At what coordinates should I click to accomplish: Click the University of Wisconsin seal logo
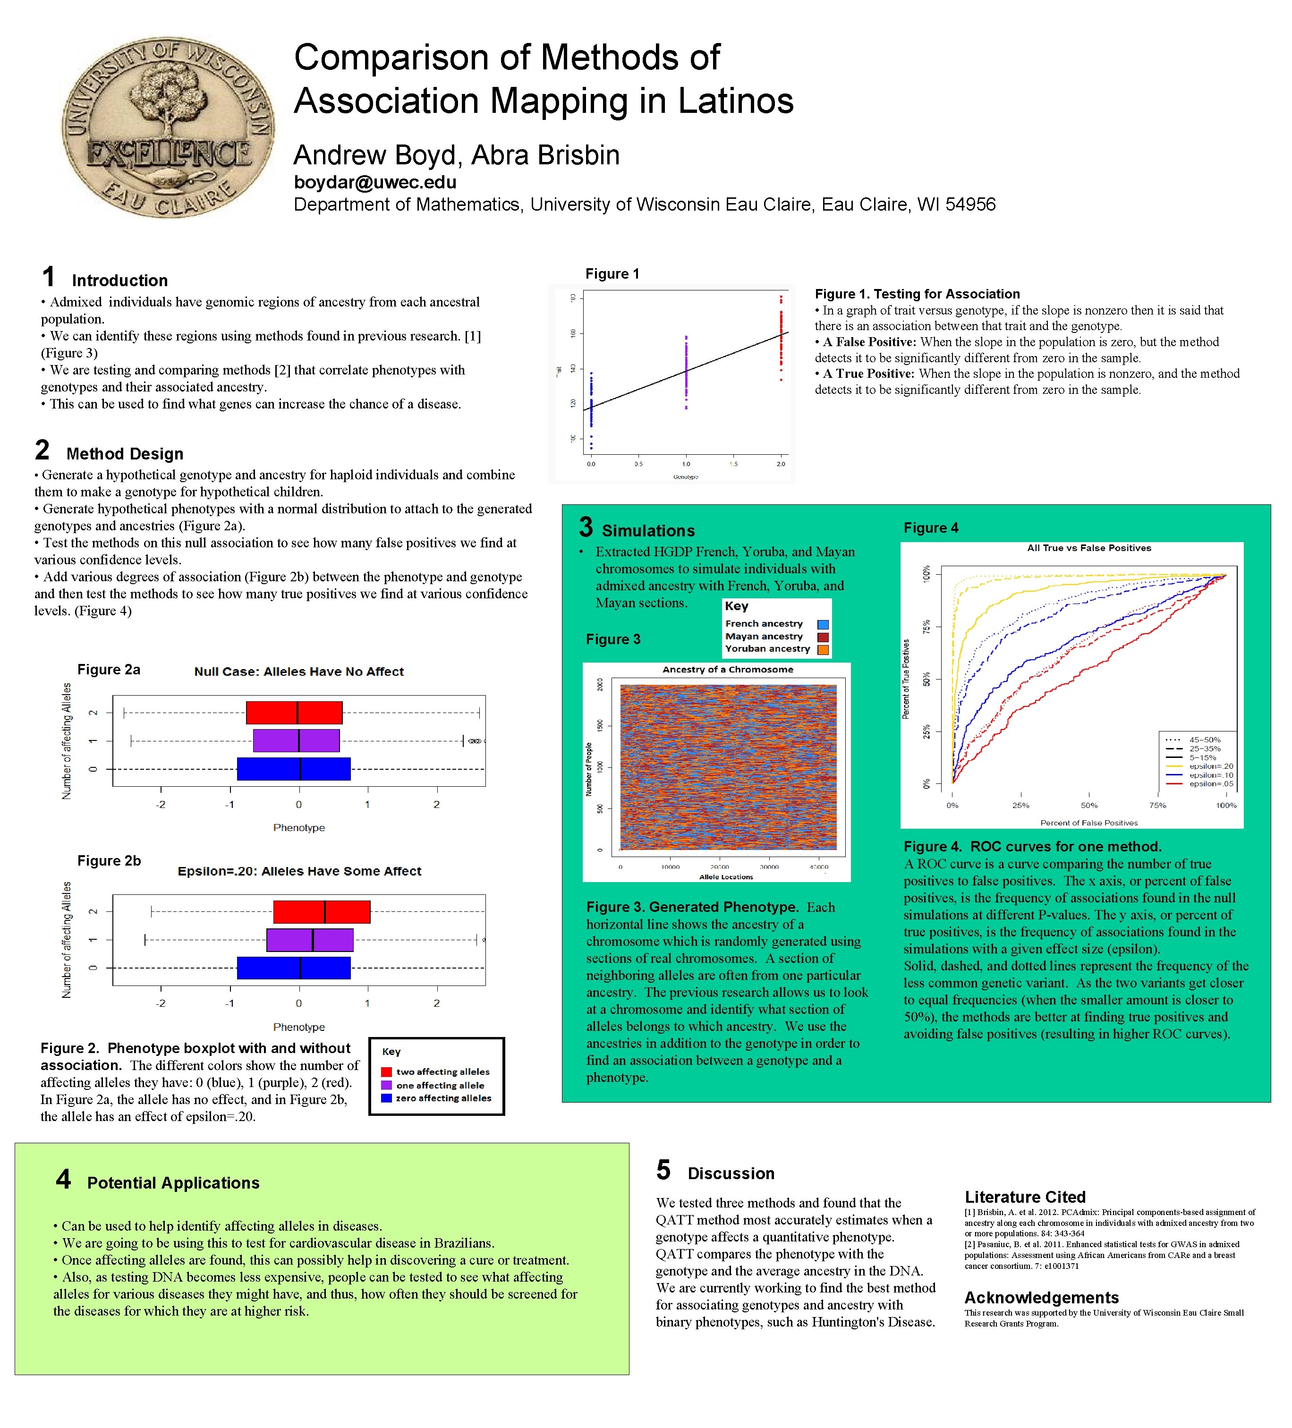pyautogui.click(x=168, y=127)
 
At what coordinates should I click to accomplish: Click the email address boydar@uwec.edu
pyautogui.click(x=375, y=182)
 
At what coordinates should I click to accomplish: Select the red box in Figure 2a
pyautogui.click(x=294, y=713)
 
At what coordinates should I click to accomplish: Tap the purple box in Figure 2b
pyautogui.click(x=310, y=940)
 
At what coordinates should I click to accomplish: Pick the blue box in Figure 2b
pyautogui.click(x=293, y=968)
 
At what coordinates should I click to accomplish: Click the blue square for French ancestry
pyautogui.click(x=823, y=625)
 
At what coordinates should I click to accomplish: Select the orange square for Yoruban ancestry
pyautogui.click(x=823, y=650)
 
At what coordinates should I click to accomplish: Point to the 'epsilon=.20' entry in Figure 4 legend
pyautogui.click(x=1211, y=766)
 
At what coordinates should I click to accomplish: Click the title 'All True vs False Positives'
pyautogui.click(x=1089, y=548)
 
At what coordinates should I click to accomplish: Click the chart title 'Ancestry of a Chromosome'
pyautogui.click(x=727, y=670)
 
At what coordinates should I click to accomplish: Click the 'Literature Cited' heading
pyautogui.click(x=1024, y=1197)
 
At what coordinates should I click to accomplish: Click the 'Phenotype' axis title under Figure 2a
pyautogui.click(x=299, y=827)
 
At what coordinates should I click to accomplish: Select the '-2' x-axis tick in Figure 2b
pyautogui.click(x=161, y=1003)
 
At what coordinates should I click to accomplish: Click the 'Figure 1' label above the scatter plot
pyautogui.click(x=612, y=274)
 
